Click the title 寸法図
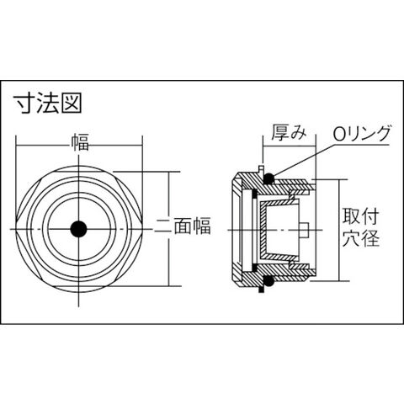48,103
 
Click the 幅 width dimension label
80,142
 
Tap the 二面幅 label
183,226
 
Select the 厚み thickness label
289,132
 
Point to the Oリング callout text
362,133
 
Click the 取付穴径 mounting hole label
360,227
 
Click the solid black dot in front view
78,229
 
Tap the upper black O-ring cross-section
269,178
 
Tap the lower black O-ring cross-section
269,281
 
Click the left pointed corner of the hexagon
16,229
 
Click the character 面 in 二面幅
183,226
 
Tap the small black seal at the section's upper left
255,194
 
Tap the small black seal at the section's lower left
255,267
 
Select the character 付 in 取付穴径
370,217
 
